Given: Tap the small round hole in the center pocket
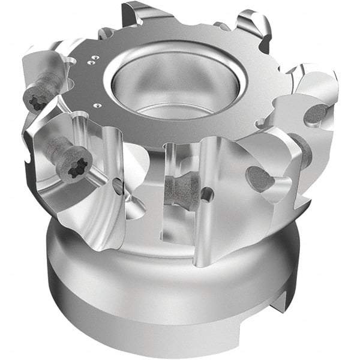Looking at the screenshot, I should point(207,194).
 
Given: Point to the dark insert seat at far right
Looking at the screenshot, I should point(316,113).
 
